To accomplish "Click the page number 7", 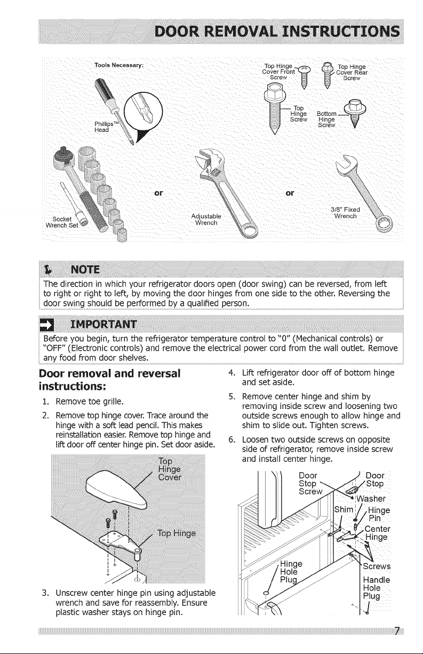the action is tap(397, 631).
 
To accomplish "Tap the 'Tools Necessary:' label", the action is tap(119, 65).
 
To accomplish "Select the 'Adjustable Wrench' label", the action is tap(206, 219).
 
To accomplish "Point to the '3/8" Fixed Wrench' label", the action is tap(346, 213).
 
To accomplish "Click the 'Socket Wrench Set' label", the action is tap(62, 222).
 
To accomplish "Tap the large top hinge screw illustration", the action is tap(275, 108).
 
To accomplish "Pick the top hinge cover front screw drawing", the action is tap(304, 76).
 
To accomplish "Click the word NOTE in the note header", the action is tap(85, 270).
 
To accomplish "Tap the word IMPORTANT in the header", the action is tap(104, 325).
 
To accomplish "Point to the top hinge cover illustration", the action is tap(116, 493).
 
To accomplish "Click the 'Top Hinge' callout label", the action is tap(177, 534).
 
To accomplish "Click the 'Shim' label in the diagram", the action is tap(344, 509).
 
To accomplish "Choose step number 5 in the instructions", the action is tap(232, 397).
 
